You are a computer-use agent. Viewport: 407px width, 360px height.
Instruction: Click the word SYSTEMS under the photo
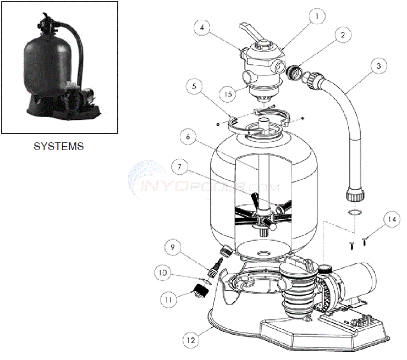click(x=59, y=147)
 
